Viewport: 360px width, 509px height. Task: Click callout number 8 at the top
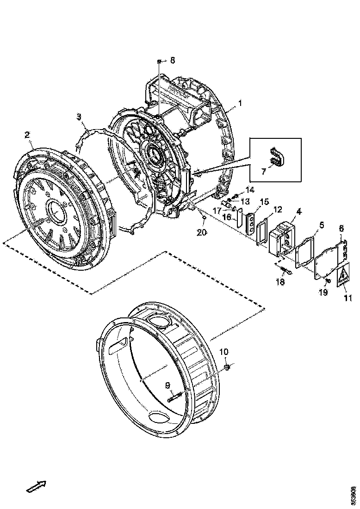pos(173,60)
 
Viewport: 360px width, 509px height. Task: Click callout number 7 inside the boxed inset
pos(263,172)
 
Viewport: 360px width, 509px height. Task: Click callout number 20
pos(201,232)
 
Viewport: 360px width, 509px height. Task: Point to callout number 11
pos(348,298)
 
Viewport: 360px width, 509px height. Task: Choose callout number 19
pos(323,292)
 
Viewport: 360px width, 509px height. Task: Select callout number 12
pos(277,210)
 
